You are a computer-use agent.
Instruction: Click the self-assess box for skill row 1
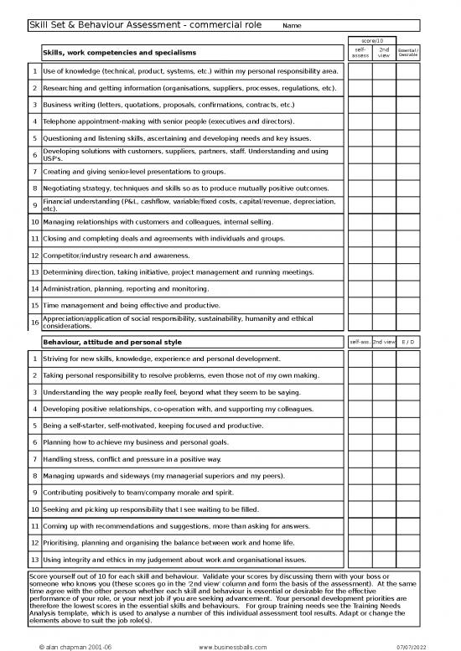(x=360, y=71)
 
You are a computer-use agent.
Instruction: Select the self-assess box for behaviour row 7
(x=360, y=460)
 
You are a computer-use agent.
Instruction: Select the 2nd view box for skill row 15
(x=383, y=306)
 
